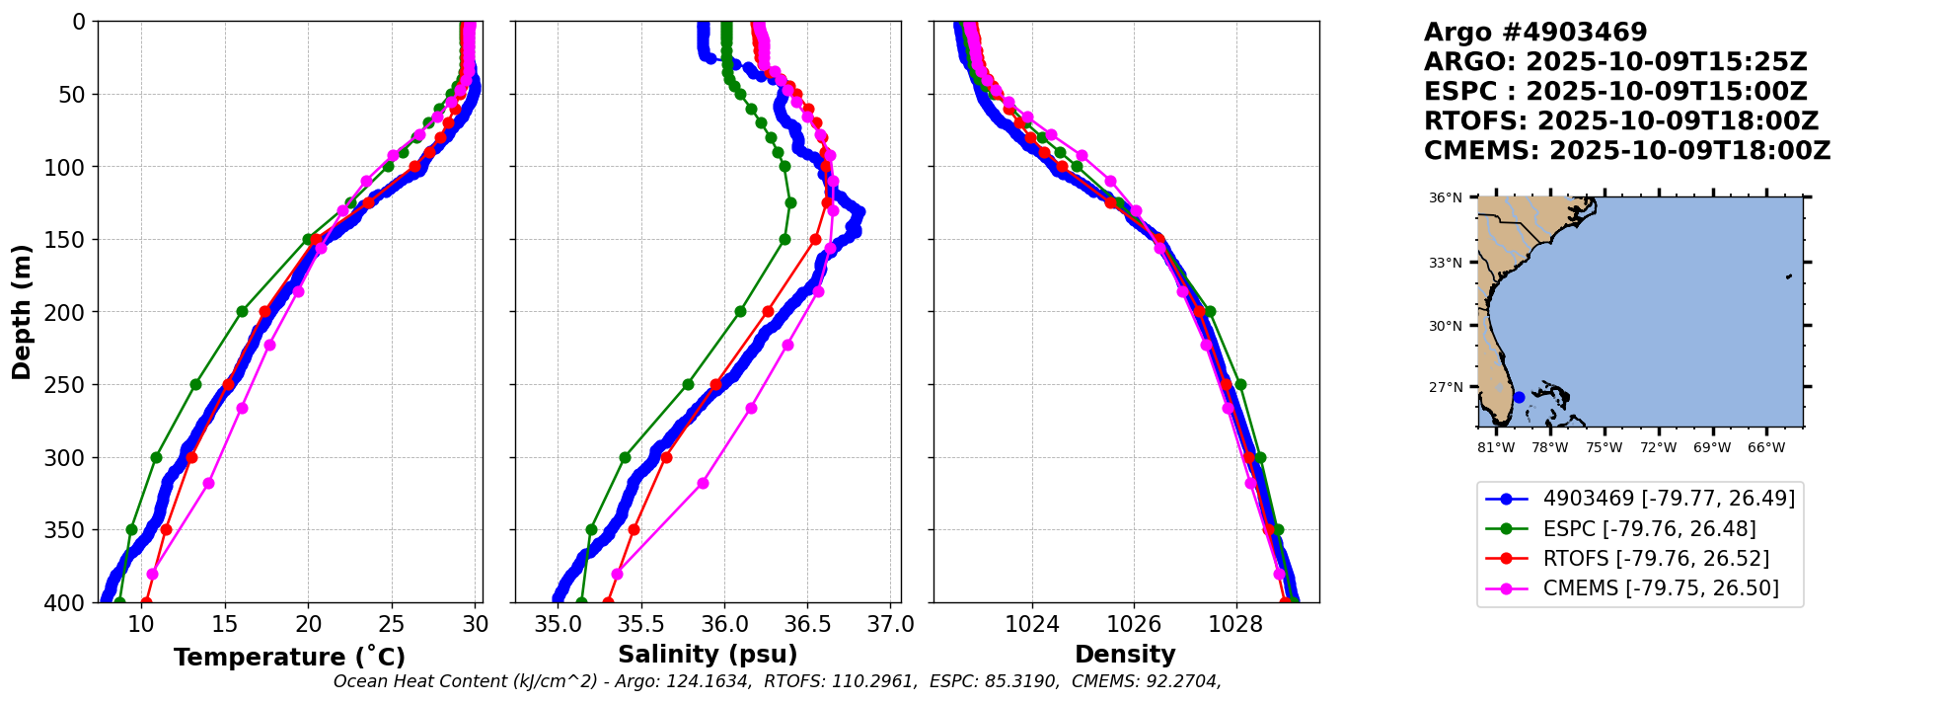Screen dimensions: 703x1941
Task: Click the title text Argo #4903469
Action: tap(1535, 33)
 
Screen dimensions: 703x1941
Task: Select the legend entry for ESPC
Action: tap(1639, 528)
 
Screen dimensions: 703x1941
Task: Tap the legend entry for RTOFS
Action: tap(1639, 558)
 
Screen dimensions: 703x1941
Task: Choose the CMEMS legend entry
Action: tap(1639, 588)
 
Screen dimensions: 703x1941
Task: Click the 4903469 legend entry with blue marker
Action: tap(1639, 499)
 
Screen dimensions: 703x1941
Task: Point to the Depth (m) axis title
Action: tap(22, 312)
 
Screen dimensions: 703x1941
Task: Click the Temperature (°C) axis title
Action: tap(289, 657)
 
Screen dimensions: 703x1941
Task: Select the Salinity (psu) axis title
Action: tap(708, 655)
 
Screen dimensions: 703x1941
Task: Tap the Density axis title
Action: tap(1125, 655)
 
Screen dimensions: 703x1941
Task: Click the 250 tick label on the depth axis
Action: tap(69, 385)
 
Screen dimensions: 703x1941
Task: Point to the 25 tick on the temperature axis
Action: tap(392, 624)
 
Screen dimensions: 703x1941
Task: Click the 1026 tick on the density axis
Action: tap(1134, 624)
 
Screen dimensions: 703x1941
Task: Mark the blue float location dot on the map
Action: tap(1519, 397)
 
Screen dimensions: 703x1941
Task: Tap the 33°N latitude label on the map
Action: tap(1446, 263)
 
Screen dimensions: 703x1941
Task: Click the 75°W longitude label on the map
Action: tap(1604, 448)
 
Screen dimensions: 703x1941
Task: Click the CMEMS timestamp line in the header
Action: tap(1626, 151)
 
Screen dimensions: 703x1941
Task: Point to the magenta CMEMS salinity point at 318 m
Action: tap(703, 483)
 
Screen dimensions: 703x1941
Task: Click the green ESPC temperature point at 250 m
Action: tap(195, 384)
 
